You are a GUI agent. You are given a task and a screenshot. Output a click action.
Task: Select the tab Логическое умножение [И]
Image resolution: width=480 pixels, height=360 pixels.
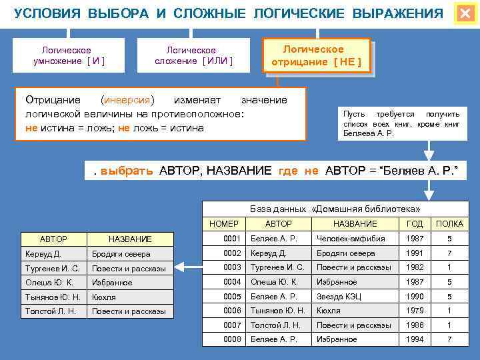coord(69,55)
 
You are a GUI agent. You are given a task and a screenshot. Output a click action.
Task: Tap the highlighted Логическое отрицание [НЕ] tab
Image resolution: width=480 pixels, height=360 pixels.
coord(316,55)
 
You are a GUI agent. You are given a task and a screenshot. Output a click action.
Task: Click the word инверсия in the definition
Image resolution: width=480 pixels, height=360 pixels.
coord(127,100)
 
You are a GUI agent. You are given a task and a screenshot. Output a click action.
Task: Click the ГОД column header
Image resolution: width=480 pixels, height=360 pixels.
coord(414,224)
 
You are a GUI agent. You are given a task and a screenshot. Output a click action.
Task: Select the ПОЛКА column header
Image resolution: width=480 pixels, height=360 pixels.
coord(449,224)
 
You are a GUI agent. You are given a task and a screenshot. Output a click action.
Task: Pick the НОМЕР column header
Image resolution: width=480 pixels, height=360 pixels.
coord(223,224)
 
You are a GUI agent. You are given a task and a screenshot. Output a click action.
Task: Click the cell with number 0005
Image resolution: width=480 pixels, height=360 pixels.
coord(231,297)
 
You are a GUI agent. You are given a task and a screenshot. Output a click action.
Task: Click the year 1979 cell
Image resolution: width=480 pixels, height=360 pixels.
coord(414,311)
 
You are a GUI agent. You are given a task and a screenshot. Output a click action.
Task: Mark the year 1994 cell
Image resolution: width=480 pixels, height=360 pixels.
coord(414,340)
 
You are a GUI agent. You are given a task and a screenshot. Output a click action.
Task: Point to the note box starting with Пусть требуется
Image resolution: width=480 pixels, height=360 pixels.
coord(401,123)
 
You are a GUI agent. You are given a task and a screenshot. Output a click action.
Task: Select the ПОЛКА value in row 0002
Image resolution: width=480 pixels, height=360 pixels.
coord(449,253)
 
